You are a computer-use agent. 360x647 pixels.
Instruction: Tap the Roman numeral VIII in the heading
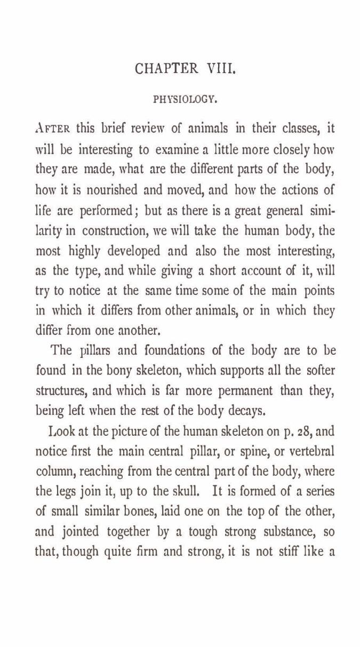click(219, 69)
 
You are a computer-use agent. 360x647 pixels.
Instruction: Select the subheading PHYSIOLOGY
click(184, 99)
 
